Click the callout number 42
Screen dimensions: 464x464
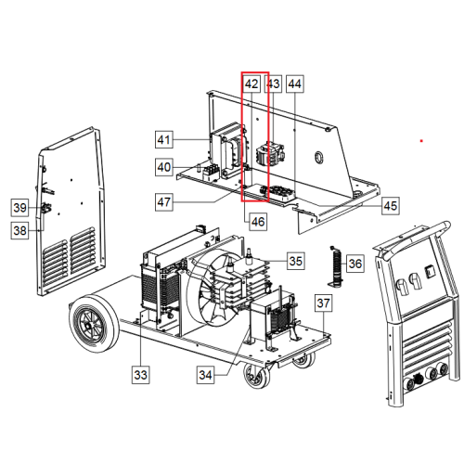coord(251,84)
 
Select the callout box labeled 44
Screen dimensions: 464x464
coord(295,84)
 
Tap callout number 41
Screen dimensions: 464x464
coord(164,139)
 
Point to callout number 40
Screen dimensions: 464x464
coord(164,167)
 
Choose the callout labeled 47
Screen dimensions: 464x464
coord(164,202)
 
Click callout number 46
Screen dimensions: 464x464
coord(258,222)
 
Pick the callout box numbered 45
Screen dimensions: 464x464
coord(391,206)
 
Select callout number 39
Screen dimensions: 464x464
coord(20,207)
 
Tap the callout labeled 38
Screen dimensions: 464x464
coord(20,230)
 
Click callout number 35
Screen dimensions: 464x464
coord(296,261)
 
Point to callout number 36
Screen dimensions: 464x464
coord(355,264)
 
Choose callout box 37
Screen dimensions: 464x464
coord(324,303)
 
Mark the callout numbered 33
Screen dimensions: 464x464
coord(141,375)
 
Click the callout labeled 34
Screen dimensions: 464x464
coord(206,375)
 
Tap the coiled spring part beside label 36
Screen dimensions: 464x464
coord(336,266)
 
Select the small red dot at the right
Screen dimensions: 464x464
coord(421,141)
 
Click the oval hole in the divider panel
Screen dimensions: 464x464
coord(318,157)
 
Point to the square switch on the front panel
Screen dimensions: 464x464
coord(431,272)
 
